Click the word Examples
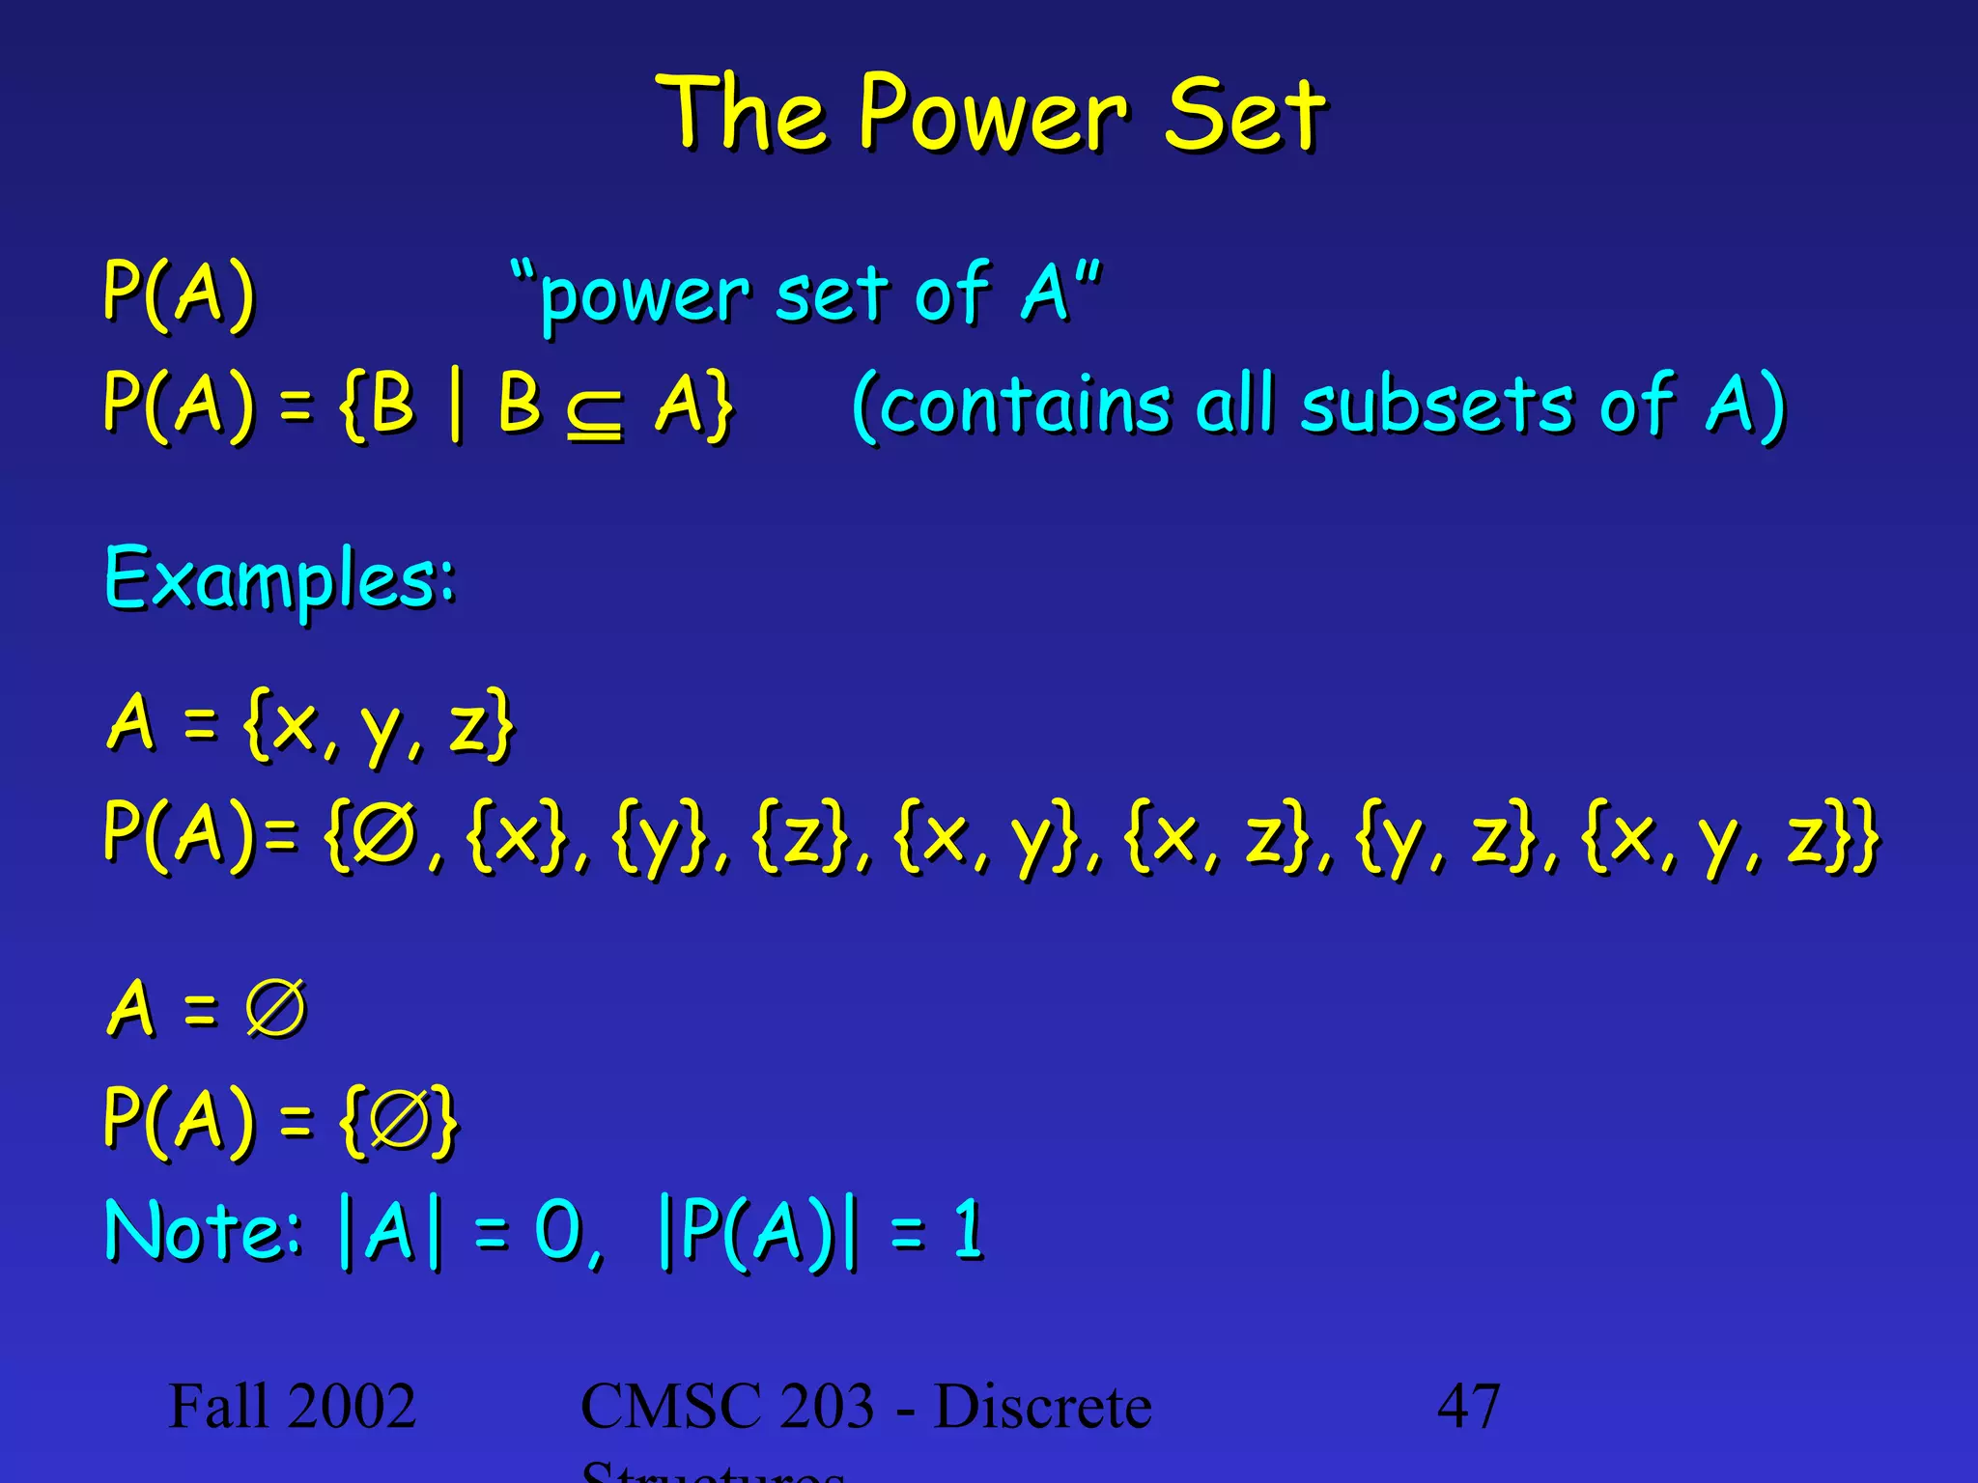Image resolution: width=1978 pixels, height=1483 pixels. [x=280, y=579]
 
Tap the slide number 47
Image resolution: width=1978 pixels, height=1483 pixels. [x=1468, y=1406]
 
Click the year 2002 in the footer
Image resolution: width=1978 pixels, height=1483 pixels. [x=352, y=1406]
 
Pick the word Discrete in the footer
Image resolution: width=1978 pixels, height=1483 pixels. [x=1043, y=1406]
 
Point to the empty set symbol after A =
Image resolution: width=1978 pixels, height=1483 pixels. [x=275, y=1008]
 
